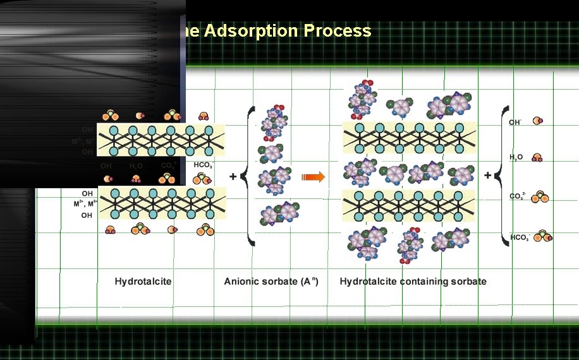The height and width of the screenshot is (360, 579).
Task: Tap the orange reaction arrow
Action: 313,177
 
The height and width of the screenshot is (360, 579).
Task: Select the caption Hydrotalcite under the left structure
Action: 143,281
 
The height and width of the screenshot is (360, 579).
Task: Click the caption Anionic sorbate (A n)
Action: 271,281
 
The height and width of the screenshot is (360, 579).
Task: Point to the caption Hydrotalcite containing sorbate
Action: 413,281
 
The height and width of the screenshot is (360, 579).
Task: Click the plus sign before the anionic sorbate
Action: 233,177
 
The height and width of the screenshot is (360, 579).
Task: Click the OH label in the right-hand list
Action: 515,121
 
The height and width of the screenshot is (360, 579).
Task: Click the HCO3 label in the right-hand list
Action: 519,237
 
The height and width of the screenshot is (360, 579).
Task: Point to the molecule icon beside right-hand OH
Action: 537,121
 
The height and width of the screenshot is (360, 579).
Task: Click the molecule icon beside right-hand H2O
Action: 537,158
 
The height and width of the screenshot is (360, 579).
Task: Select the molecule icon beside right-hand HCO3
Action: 542,237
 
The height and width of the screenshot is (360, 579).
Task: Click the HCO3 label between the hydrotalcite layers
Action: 202,165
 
